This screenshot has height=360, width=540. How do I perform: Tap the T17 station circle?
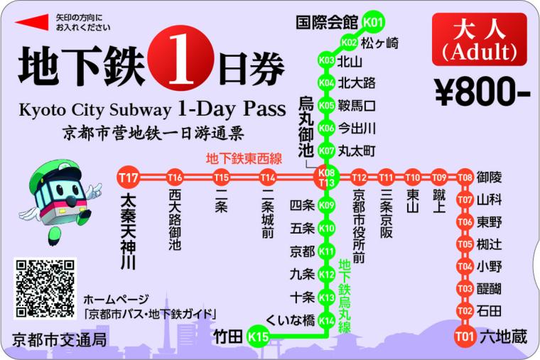coord(129,177)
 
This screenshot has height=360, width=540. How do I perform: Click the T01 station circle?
coord(465,336)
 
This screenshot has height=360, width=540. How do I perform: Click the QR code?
coord(45,288)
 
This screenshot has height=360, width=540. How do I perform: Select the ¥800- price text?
coord(482,90)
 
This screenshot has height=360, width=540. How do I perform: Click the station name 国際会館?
coord(328,23)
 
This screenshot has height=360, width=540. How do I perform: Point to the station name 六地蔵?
coord(503,337)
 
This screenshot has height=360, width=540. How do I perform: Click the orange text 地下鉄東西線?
coord(244,158)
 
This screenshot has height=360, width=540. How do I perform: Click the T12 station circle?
coord(359,177)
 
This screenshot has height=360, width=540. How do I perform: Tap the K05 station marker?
coord(327,106)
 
